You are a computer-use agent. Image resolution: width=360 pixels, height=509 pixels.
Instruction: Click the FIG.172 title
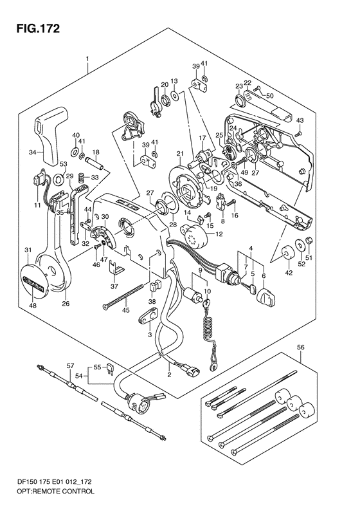pyautogui.click(x=39, y=28)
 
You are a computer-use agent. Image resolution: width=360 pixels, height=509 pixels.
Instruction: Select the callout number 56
pyautogui.click(x=301, y=347)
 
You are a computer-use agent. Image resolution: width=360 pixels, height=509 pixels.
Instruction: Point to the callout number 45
pyautogui.click(x=125, y=310)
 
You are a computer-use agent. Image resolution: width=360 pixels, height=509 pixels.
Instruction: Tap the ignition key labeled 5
pyautogui.click(x=249, y=288)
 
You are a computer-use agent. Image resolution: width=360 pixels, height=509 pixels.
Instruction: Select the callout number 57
pyautogui.click(x=70, y=366)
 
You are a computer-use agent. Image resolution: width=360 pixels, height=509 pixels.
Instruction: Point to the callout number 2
pyautogui.click(x=169, y=375)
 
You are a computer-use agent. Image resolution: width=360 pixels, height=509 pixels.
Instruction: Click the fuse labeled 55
pyautogui.click(x=109, y=369)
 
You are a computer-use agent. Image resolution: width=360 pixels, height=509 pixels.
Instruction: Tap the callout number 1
pyautogui.click(x=87, y=59)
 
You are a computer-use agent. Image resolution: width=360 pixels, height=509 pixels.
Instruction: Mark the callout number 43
pyautogui.click(x=300, y=120)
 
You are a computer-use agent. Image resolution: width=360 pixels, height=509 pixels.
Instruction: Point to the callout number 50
pyautogui.click(x=269, y=96)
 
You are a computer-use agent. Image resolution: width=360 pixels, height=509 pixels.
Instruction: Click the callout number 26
pyautogui.click(x=66, y=304)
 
